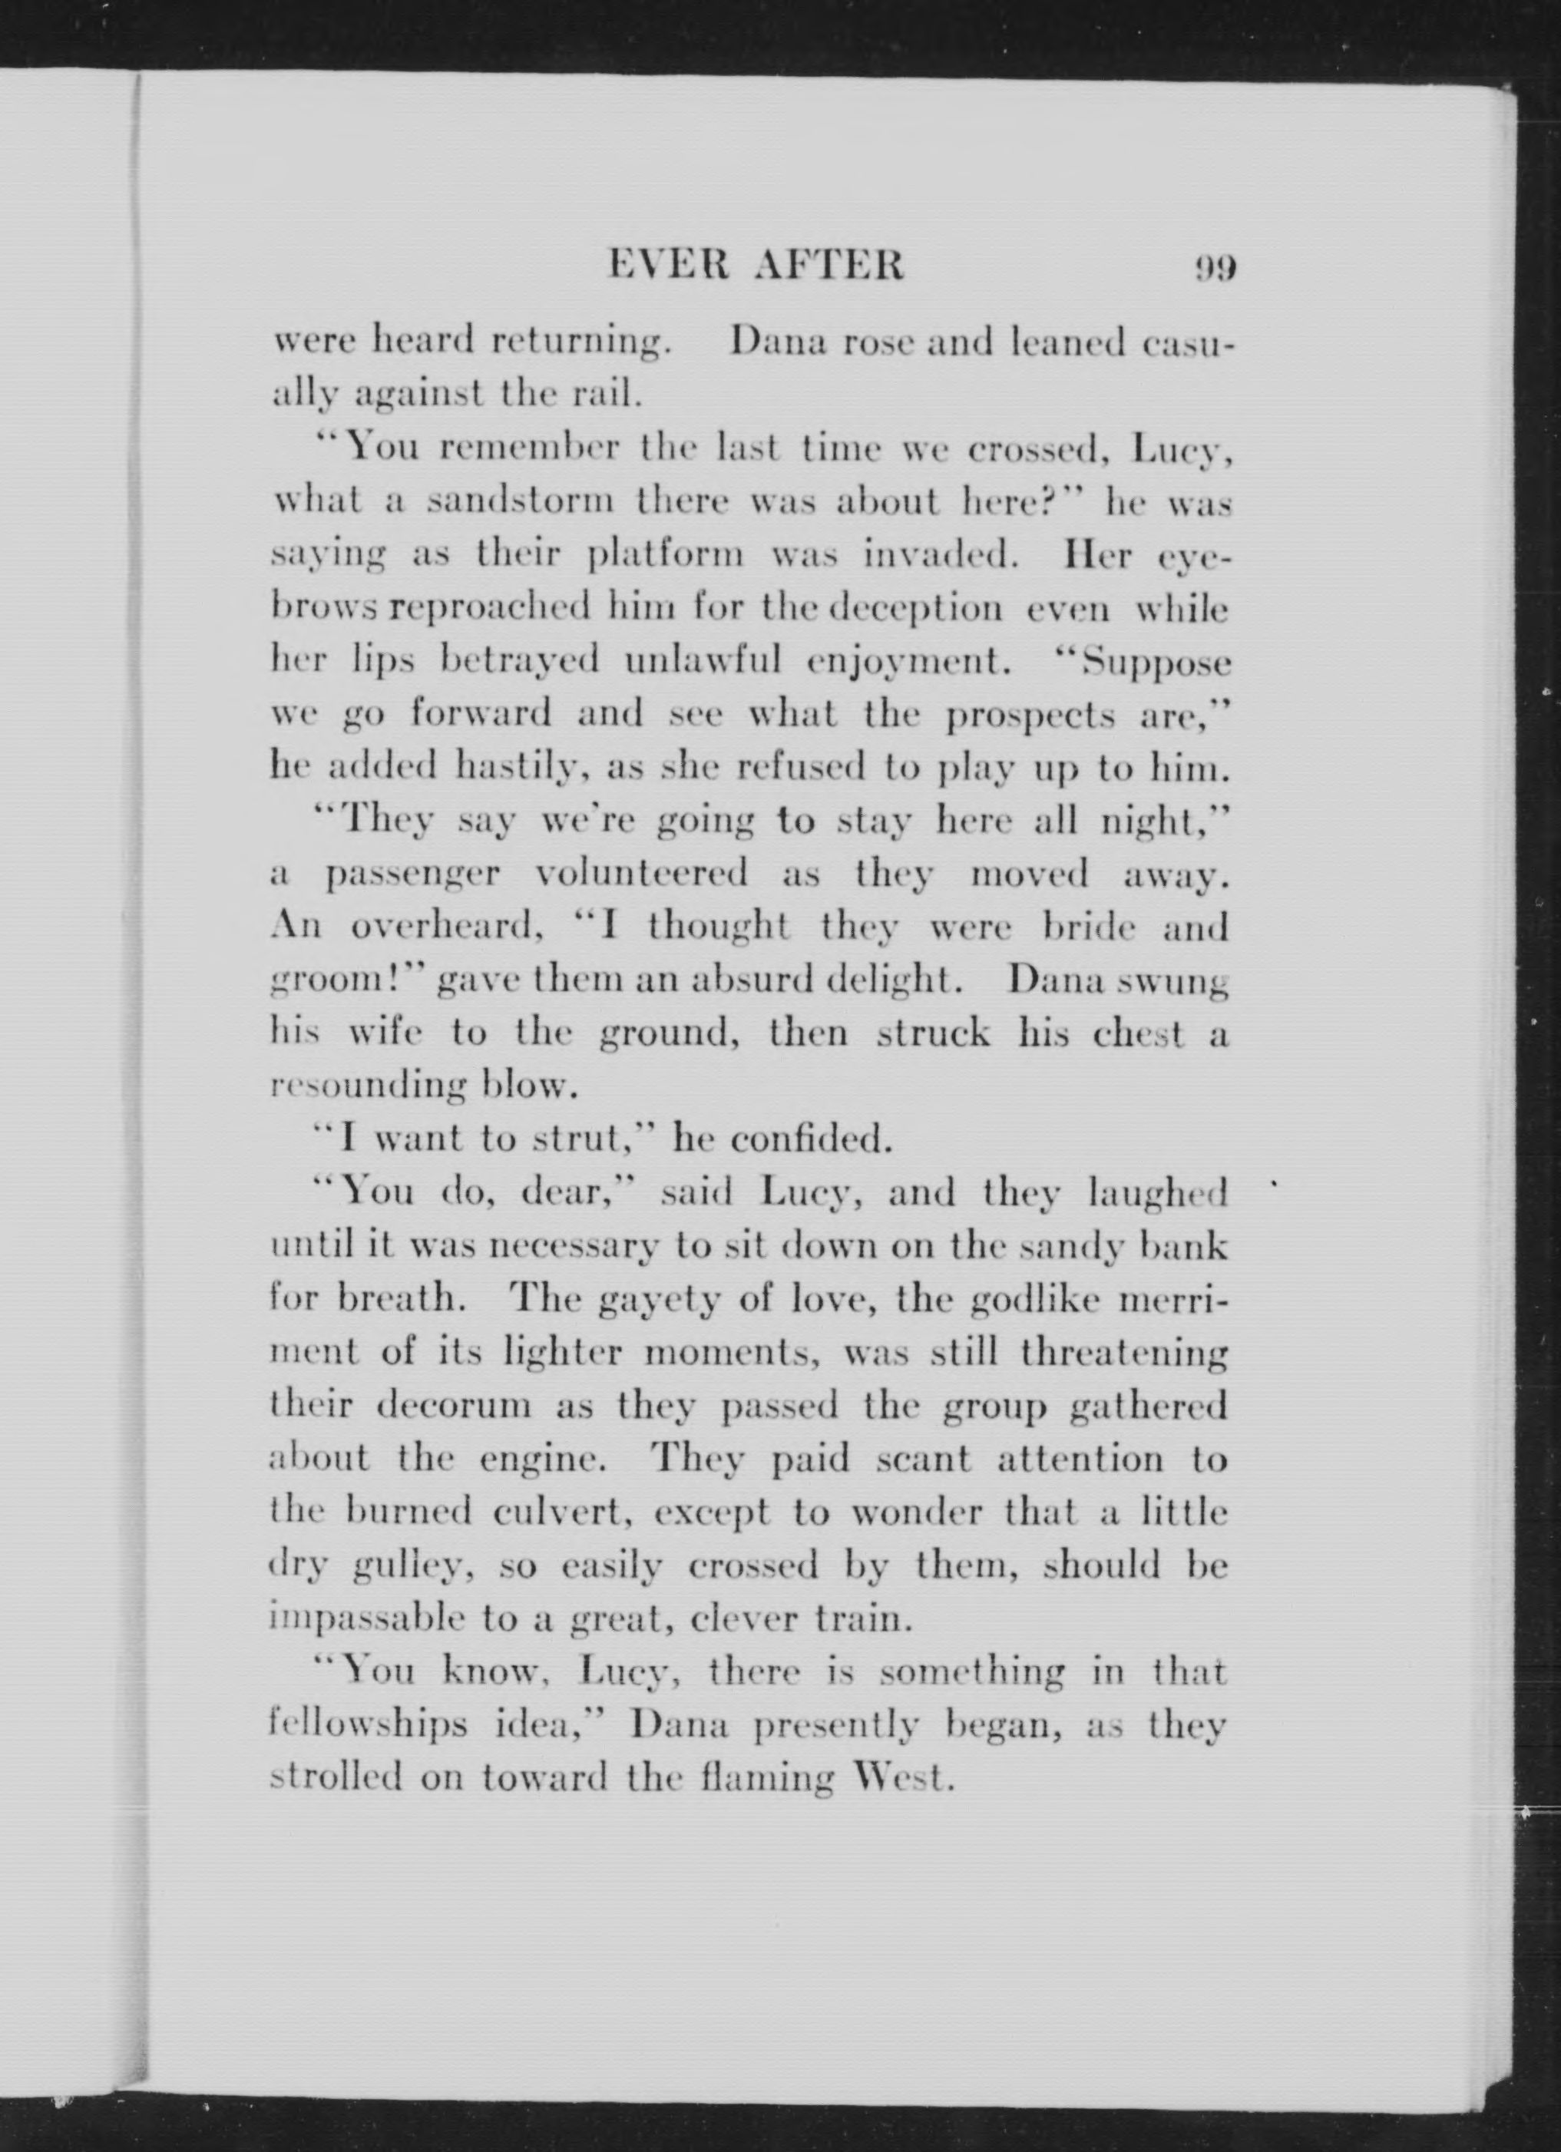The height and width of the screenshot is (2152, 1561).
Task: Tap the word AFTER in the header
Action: [828, 268]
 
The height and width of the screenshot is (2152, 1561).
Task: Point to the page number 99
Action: [1215, 269]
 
